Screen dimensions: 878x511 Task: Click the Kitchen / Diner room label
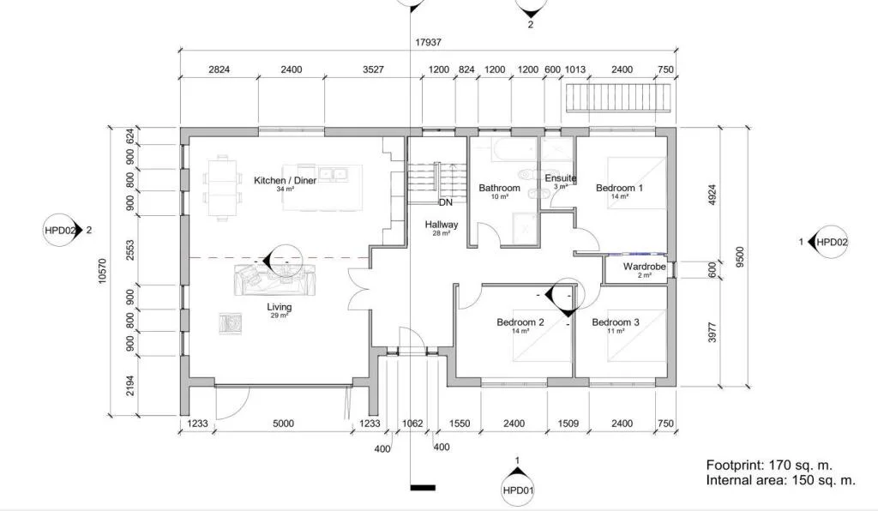[x=285, y=180]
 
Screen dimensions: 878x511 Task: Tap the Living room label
[x=279, y=307]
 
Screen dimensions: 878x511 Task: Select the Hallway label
[x=442, y=225]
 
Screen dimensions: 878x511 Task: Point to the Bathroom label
[x=500, y=188]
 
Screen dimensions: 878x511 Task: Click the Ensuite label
[x=561, y=178]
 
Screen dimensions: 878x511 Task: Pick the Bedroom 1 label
[x=619, y=188]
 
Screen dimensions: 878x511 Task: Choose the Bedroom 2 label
[x=520, y=322]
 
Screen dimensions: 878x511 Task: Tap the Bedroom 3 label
[x=616, y=322]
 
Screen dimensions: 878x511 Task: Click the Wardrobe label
[x=645, y=267]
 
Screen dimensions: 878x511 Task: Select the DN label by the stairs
[x=446, y=202]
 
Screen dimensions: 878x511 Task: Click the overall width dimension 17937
[x=429, y=42]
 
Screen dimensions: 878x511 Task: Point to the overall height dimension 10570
[x=102, y=271]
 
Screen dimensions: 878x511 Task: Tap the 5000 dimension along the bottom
[x=283, y=424]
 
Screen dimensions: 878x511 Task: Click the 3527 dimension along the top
[x=374, y=69]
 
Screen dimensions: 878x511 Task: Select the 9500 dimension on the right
[x=740, y=257]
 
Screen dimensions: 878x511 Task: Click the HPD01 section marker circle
[x=517, y=490]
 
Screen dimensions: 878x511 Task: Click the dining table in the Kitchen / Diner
[x=222, y=188]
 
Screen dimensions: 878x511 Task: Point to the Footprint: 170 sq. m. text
[x=769, y=465]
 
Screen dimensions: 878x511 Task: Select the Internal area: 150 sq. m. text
[x=781, y=480]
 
